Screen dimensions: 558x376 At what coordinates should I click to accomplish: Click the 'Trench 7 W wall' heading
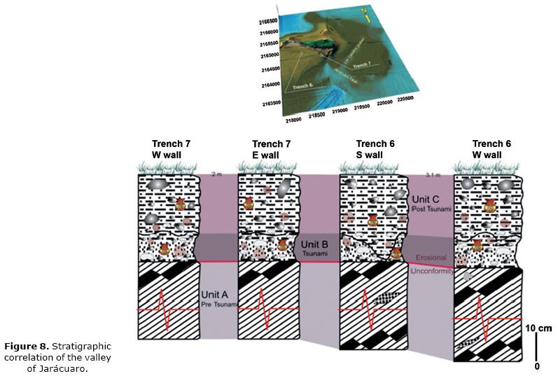click(171, 149)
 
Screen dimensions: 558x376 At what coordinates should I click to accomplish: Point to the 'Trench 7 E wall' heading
click(271, 149)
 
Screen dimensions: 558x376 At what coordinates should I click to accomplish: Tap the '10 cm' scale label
click(539, 328)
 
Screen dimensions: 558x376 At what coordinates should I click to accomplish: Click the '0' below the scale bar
click(537, 365)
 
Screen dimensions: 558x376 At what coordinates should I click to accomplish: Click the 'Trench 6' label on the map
click(302, 86)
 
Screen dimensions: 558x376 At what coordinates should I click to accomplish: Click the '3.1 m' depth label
click(434, 175)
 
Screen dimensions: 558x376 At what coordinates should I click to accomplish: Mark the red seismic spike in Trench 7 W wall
click(163, 309)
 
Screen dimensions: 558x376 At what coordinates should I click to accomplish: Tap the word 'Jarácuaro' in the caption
click(67, 368)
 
